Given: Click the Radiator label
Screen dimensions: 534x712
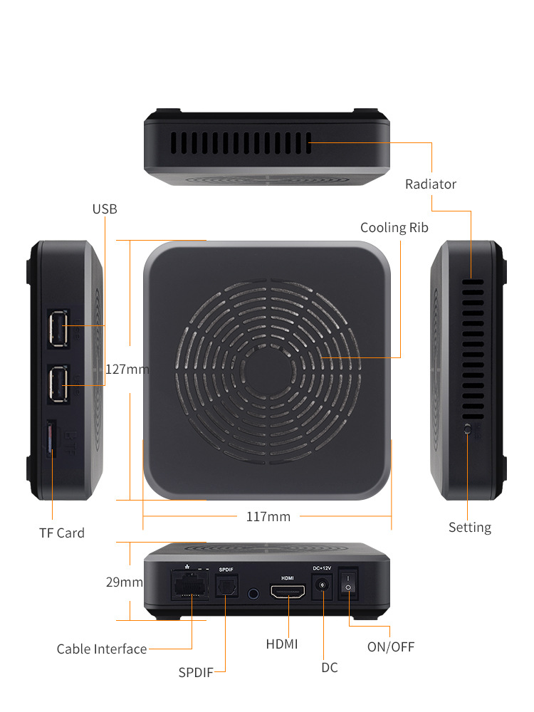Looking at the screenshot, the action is point(431,184).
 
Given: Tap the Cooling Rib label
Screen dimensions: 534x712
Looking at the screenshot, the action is point(394,228).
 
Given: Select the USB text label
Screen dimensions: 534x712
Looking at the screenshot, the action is point(105,209).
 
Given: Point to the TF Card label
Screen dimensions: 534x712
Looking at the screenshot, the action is point(62,533).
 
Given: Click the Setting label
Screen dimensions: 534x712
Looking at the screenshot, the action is point(470,528).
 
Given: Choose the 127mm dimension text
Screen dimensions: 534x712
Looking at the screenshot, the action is point(127,369).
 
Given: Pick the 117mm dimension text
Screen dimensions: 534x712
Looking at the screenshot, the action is point(268,517).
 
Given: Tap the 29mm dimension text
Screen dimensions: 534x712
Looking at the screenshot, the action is point(125,582).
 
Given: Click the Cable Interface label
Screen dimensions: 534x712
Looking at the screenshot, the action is point(102,649).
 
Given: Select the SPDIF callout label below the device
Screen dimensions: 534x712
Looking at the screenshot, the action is point(196,673).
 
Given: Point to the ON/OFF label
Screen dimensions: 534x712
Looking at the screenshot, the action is point(391,646).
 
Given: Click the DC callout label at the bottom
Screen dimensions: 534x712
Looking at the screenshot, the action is point(330,668).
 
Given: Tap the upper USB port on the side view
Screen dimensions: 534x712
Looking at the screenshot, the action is point(58,328).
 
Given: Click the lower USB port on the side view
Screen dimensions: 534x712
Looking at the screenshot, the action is point(58,384).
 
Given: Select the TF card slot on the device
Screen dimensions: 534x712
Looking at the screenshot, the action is point(51,439).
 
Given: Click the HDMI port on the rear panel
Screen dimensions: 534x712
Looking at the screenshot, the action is point(288,591).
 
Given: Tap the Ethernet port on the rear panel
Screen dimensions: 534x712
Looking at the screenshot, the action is point(190,585).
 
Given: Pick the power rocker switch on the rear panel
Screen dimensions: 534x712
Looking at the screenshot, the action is point(348,584).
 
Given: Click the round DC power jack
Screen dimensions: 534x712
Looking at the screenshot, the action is point(323,585).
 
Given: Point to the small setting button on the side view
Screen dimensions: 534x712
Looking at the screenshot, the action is point(468,429).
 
